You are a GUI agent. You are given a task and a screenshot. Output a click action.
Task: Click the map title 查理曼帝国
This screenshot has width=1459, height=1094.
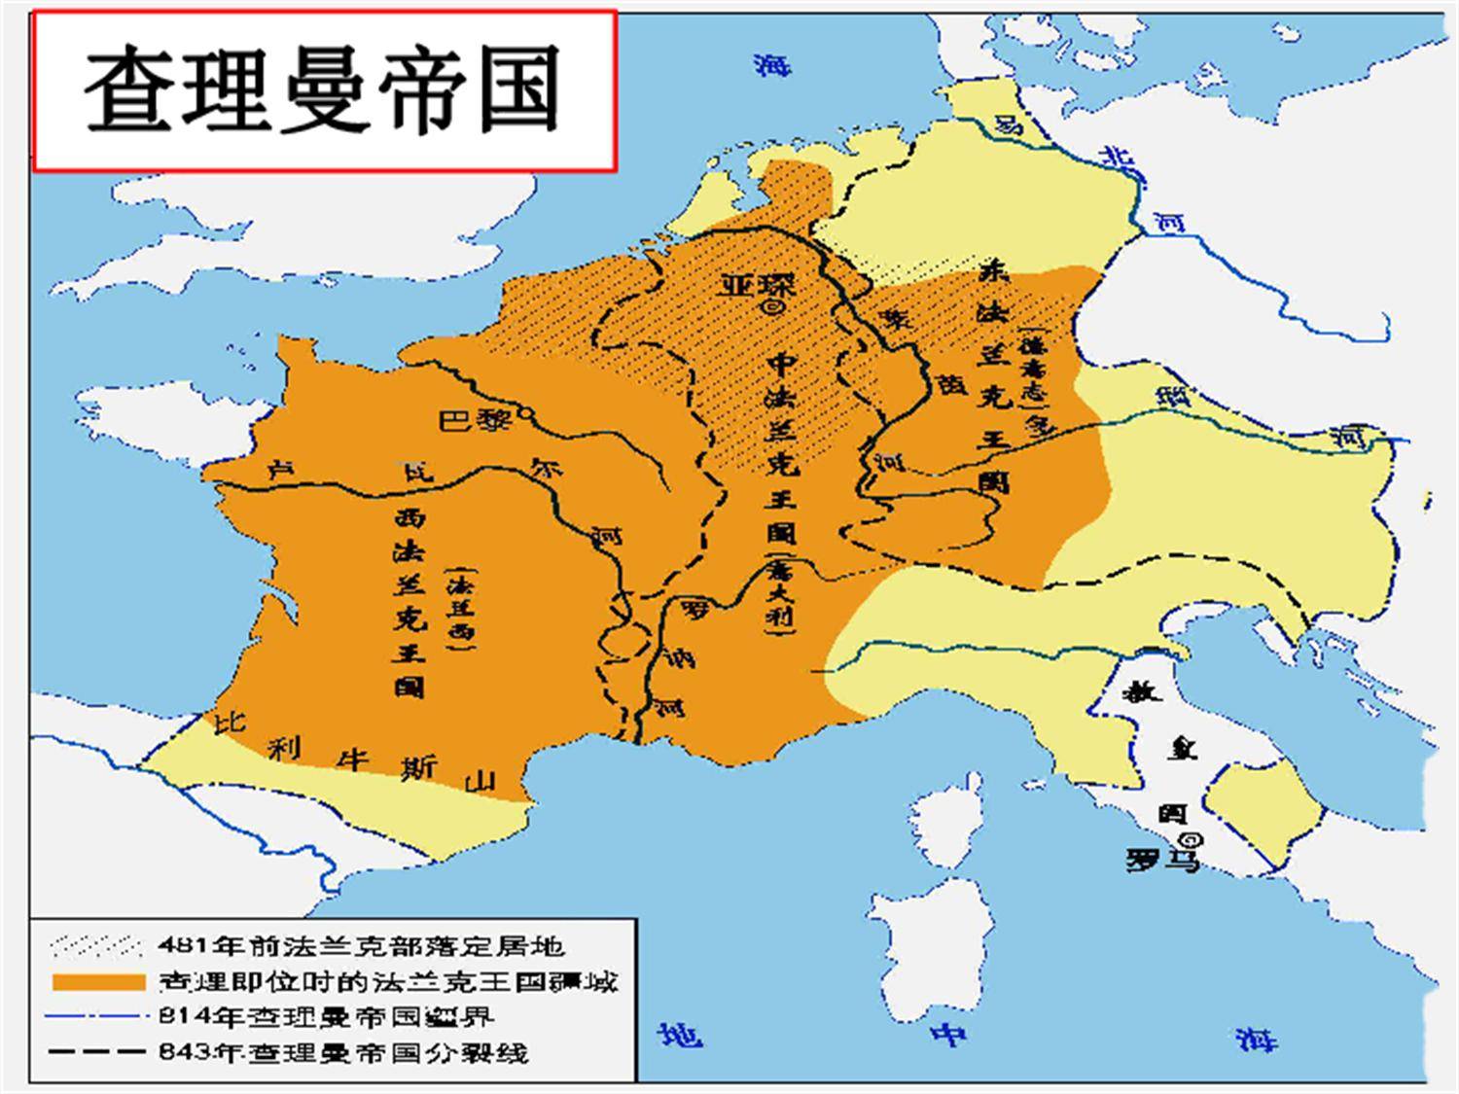pos(323,89)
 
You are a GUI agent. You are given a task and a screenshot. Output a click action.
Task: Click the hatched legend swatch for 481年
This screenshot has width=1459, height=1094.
pos(93,945)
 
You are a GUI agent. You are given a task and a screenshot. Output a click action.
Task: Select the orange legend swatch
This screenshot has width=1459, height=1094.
pos(93,980)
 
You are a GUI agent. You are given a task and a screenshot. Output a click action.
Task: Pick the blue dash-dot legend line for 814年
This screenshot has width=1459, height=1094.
pos(93,1016)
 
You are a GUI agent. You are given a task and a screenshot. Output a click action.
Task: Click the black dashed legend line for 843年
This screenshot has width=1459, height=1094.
pos(93,1051)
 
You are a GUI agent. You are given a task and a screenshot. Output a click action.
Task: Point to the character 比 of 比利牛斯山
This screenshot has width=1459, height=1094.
pos(230,723)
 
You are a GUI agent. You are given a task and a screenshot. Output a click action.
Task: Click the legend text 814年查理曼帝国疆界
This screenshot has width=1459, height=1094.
pos(326,1016)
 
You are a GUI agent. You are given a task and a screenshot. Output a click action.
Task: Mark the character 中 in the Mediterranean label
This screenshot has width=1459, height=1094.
pos(947,1036)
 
